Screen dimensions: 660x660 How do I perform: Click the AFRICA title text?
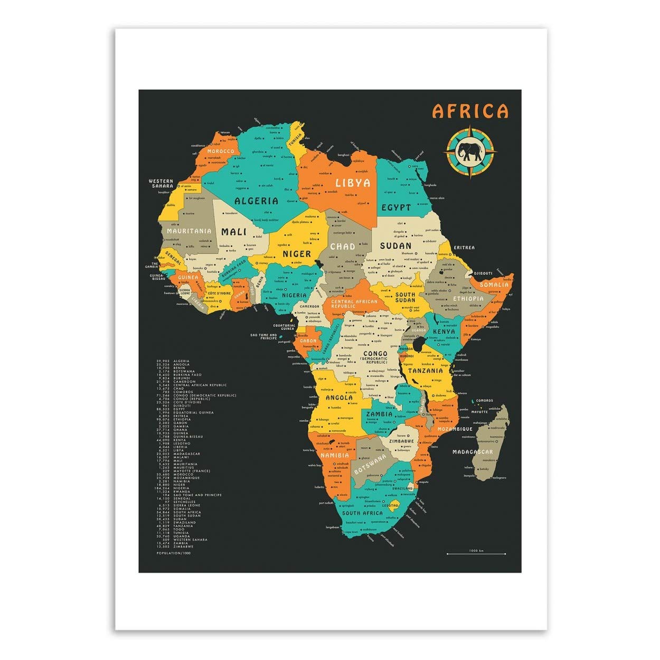pos(470,111)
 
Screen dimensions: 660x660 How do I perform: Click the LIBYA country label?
pos(353,183)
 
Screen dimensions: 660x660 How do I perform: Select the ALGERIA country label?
pos(256,201)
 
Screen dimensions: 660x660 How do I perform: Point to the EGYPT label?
pos(397,207)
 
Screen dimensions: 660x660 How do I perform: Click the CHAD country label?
pos(343,246)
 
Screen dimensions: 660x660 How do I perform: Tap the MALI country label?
pos(234,231)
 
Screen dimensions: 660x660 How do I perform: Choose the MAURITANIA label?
pos(189,231)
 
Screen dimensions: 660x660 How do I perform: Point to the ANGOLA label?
pos(339,398)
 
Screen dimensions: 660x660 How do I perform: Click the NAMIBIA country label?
pos(334,455)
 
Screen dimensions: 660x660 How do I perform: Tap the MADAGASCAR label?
pos(473,452)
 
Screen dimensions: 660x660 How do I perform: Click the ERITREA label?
pos(464,247)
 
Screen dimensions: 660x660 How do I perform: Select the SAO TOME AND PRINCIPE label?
pos(263,337)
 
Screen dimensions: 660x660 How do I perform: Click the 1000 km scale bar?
pos(476,553)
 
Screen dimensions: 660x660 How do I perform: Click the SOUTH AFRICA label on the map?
pos(362,513)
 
